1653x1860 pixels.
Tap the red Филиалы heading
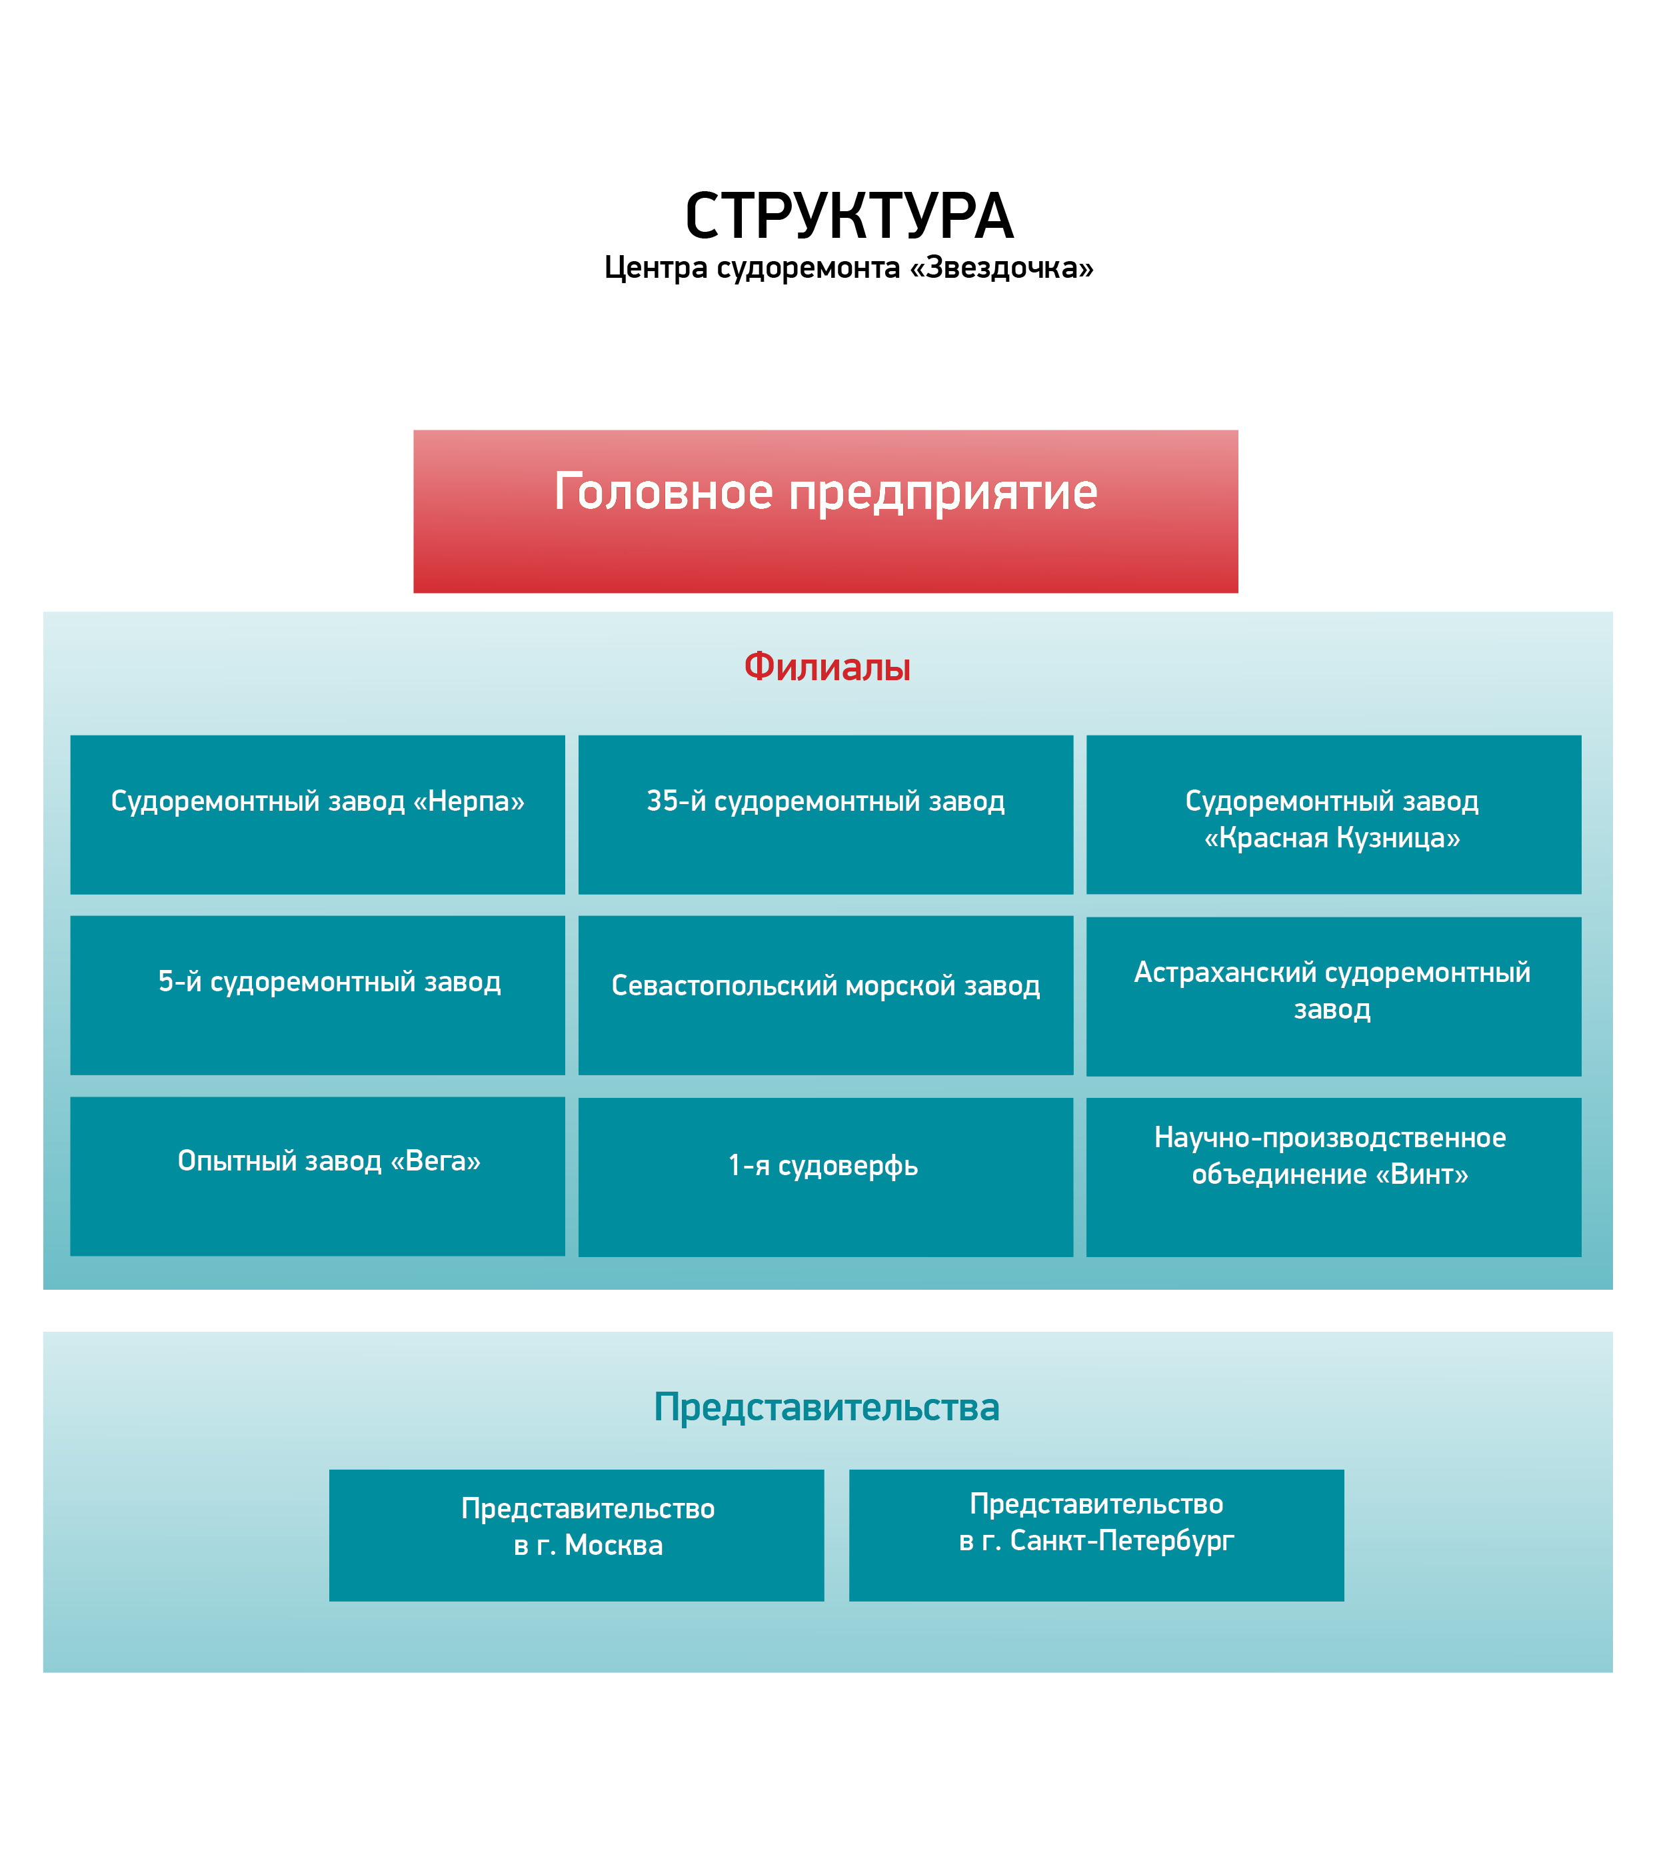pyautogui.click(x=826, y=666)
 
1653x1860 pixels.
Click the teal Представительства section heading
pyautogui.click(x=826, y=1407)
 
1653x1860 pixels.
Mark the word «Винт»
pyautogui.click(x=1421, y=1174)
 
